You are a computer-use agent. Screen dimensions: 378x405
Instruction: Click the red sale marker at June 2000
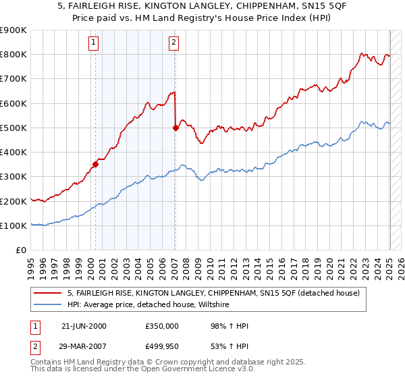pos(95,163)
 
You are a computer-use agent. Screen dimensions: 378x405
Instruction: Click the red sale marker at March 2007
pos(175,127)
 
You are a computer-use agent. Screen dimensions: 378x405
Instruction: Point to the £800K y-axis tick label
pos(13,54)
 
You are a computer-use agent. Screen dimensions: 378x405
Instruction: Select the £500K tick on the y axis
pos(13,128)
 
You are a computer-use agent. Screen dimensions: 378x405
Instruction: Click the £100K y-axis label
pos(13,225)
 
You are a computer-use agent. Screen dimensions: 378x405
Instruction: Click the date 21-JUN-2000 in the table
pos(84,326)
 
